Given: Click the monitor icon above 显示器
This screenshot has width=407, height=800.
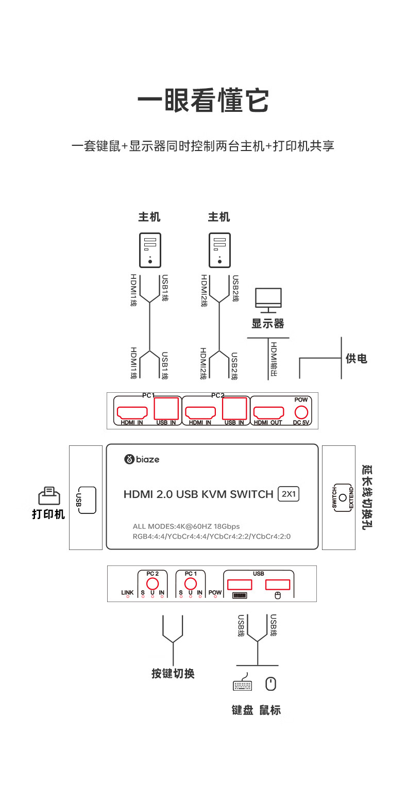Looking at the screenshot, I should (268, 299).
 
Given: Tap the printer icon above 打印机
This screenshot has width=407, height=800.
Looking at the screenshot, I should (48, 496).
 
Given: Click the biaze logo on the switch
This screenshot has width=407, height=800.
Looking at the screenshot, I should (142, 459).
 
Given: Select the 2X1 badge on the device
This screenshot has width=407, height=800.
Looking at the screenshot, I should (289, 494).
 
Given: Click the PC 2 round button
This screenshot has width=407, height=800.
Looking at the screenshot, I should (152, 584).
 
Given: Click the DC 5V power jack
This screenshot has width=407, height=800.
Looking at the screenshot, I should (300, 412).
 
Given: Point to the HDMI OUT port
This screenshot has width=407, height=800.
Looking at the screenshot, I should (268, 412).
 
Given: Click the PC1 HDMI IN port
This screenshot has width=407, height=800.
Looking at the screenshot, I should (132, 412).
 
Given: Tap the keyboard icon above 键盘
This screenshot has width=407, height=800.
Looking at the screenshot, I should (243, 685).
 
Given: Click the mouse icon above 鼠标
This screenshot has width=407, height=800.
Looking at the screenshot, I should (270, 684).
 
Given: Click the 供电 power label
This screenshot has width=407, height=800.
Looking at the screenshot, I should (357, 358).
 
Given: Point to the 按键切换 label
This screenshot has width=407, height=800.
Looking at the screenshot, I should (173, 673).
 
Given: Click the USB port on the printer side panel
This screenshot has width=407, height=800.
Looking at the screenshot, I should (87, 499).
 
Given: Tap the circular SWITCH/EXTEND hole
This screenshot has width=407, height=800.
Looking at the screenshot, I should (343, 498).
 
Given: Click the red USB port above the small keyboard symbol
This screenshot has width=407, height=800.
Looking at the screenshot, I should (240, 584).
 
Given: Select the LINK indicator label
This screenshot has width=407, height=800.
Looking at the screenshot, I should (127, 593).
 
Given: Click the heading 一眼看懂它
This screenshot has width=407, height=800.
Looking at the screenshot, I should (203, 101).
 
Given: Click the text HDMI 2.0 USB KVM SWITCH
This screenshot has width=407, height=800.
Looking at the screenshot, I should (198, 494).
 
